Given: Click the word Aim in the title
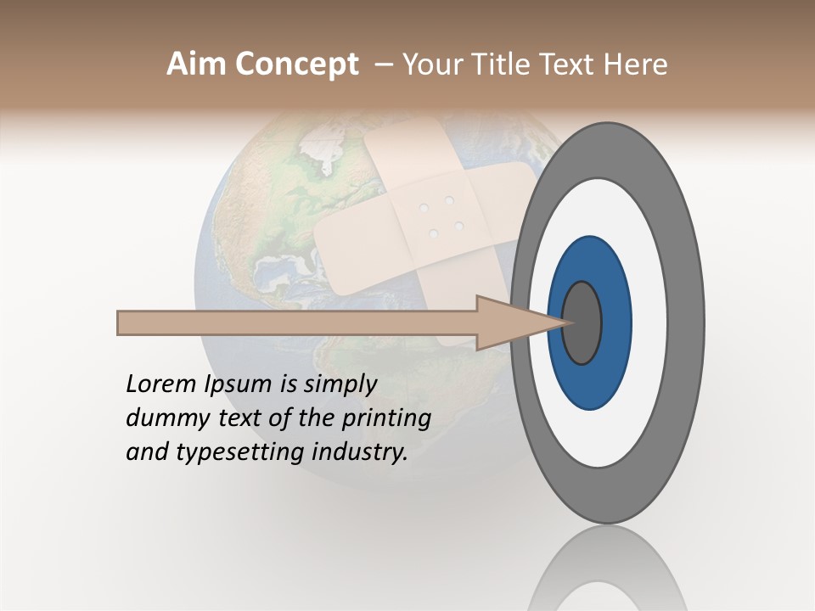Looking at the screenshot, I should click(x=196, y=64).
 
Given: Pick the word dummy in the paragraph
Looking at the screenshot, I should click(x=163, y=418).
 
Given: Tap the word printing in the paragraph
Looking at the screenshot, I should click(x=386, y=418).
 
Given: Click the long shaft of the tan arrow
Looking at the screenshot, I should click(x=297, y=323).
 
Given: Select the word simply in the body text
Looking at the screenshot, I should click(x=340, y=384).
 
